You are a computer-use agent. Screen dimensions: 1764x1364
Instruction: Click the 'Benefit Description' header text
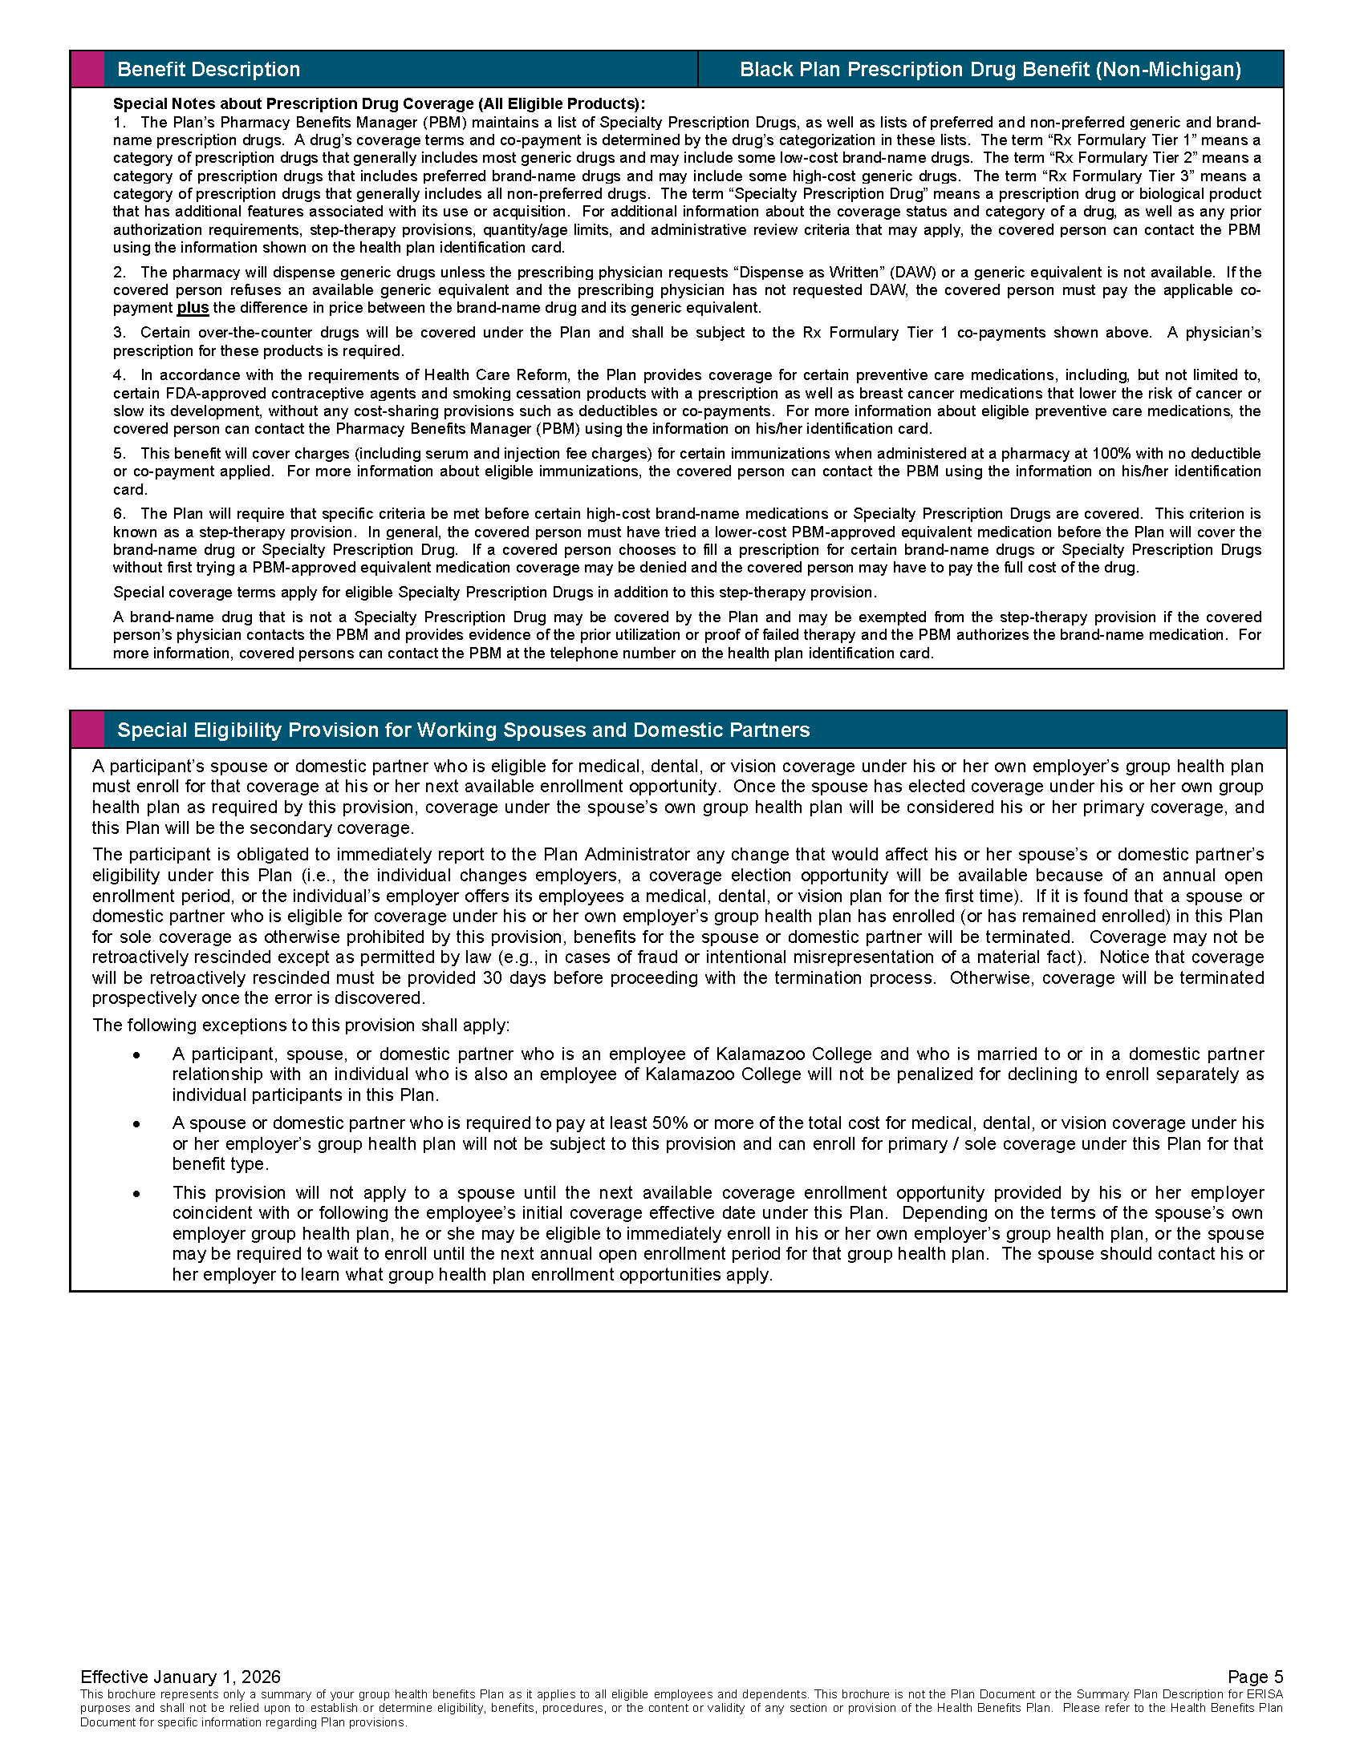[x=209, y=70]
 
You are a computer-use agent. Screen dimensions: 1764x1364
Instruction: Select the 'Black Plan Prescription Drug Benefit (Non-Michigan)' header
[x=990, y=70]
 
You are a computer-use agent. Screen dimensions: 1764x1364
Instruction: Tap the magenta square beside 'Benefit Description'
[x=88, y=70]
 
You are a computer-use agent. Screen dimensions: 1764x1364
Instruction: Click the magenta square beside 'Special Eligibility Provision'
[x=88, y=730]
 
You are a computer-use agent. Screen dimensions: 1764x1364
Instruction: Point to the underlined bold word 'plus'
[x=193, y=308]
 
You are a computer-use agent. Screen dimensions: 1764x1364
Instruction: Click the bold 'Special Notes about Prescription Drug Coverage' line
[x=379, y=103]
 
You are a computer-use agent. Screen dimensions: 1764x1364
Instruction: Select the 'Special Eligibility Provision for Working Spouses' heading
[x=463, y=730]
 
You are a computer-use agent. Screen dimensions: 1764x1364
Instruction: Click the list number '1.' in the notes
[x=120, y=122]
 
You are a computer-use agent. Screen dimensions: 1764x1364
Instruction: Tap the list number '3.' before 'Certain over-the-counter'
[x=120, y=333]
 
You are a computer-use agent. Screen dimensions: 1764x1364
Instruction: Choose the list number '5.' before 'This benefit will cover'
[x=120, y=453]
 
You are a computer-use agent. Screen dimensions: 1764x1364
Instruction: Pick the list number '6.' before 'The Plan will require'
[x=120, y=514]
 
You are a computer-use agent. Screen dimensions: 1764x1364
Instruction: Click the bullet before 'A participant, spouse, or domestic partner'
[x=138, y=1055]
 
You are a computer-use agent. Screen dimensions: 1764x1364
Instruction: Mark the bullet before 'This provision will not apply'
[x=138, y=1193]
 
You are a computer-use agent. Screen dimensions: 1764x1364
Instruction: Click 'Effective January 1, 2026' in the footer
[x=181, y=1677]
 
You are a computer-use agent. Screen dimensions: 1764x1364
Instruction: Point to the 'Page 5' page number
[x=1255, y=1677]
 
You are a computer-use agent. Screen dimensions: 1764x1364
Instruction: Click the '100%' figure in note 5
[x=1112, y=453]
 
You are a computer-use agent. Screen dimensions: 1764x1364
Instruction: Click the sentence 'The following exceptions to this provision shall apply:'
[x=301, y=1025]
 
